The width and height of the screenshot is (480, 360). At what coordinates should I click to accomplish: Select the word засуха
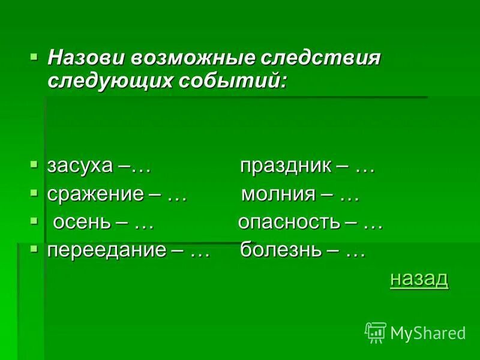tap(80, 166)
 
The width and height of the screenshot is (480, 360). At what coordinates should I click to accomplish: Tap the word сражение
tap(95, 194)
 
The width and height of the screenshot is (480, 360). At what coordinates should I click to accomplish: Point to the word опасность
tap(289, 223)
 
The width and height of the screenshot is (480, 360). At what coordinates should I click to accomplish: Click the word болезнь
tap(280, 250)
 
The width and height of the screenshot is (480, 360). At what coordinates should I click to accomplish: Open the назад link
tap(419, 278)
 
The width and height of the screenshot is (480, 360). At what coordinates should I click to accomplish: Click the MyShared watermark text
tap(427, 332)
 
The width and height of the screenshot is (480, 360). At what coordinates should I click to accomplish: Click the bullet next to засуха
tap(34, 163)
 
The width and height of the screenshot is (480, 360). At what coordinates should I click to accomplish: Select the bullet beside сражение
tap(34, 191)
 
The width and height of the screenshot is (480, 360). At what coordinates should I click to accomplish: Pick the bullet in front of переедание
tap(34, 247)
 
